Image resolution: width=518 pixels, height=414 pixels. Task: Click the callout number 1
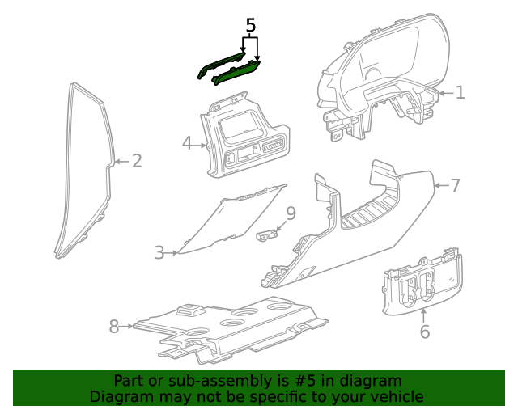click(x=460, y=92)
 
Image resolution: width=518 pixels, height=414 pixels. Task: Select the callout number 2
click(x=137, y=161)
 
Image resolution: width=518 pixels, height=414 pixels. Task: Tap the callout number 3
click(x=159, y=253)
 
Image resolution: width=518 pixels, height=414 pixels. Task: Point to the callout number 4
click(x=187, y=144)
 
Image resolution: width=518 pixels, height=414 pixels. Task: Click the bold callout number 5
click(x=251, y=25)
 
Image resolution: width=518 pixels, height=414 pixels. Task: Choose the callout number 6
click(x=424, y=332)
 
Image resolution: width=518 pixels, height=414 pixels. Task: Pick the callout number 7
click(x=455, y=186)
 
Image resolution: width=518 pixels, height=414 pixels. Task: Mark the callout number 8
click(x=114, y=326)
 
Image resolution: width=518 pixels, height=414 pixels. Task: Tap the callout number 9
click(x=291, y=213)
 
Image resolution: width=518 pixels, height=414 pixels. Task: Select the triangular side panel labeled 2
click(x=85, y=170)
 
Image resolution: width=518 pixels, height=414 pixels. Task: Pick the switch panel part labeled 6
click(x=421, y=283)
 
